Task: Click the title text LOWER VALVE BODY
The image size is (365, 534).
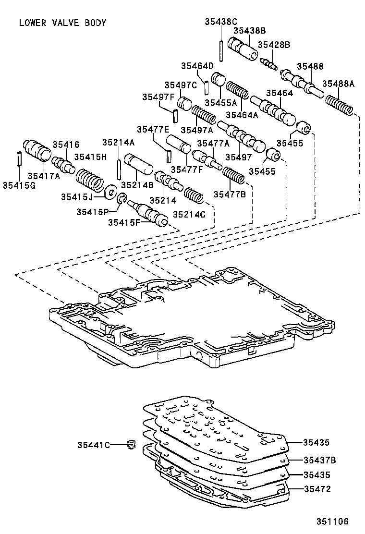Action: pos(62,23)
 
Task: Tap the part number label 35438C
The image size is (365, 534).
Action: pos(221,21)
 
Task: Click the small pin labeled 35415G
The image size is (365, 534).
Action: pos(18,158)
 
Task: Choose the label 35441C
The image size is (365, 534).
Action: pos(94,445)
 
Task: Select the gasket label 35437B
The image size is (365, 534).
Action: pos(319,460)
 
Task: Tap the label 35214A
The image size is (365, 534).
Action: pos(118,142)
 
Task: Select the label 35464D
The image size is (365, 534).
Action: pos(197,66)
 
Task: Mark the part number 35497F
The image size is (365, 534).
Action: pos(158,97)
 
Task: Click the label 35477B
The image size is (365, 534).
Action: pos(230,194)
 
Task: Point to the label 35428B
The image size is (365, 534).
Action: pos(274,45)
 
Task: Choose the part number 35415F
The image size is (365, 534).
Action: pos(124,222)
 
